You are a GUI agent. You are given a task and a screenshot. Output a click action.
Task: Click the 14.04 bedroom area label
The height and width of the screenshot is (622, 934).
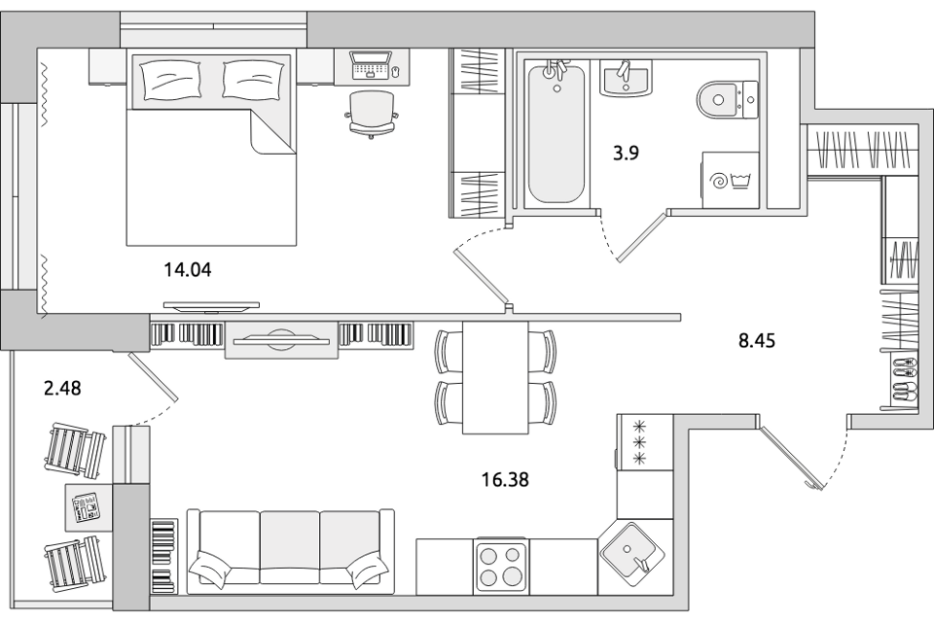[x=188, y=271]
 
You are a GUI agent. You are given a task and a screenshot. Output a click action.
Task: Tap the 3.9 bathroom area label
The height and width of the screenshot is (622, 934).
[x=626, y=154]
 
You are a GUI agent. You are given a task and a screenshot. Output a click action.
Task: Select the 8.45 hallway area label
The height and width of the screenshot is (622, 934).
[x=757, y=341]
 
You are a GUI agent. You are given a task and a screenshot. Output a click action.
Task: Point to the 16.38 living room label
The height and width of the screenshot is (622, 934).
[x=505, y=479]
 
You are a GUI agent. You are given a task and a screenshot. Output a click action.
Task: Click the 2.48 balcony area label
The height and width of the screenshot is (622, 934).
[x=62, y=389]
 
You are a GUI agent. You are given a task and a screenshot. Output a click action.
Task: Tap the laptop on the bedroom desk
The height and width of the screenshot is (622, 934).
[x=371, y=65]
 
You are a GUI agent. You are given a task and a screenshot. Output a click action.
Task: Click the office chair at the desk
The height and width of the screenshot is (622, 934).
[x=372, y=115]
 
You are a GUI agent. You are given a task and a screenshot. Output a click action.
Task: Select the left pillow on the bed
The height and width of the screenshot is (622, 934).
[x=169, y=79]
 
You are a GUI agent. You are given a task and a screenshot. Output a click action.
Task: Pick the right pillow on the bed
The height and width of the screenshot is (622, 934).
[x=253, y=79]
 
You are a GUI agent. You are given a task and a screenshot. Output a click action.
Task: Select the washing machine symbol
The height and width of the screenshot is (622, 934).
[x=731, y=180]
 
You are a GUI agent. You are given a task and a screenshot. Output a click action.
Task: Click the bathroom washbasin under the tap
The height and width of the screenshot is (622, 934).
[x=625, y=78]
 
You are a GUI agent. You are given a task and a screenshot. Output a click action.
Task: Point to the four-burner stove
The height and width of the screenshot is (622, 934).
[x=500, y=566]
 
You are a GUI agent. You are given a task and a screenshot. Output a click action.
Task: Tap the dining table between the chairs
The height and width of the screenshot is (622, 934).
[x=495, y=377]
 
